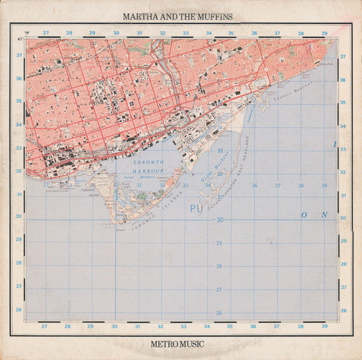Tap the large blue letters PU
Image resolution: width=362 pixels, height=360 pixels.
pyautogui.click(x=195, y=208)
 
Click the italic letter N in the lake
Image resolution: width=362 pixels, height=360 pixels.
pyautogui.click(x=324, y=214)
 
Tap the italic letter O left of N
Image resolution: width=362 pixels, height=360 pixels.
pyautogui.click(x=305, y=214)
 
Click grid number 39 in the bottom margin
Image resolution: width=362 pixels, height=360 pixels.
pyautogui.click(x=325, y=326)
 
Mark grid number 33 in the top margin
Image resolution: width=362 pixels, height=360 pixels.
pyautogui.click(x=186, y=33)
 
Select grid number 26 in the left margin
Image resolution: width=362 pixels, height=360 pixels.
pyautogui.click(x=18, y=310)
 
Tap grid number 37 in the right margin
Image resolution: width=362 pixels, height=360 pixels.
pyautogui.click(x=343, y=57)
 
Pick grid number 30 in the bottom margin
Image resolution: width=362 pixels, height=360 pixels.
pyautogui.click(x=114, y=326)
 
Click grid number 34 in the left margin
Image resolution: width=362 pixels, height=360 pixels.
pyautogui.click(x=18, y=125)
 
